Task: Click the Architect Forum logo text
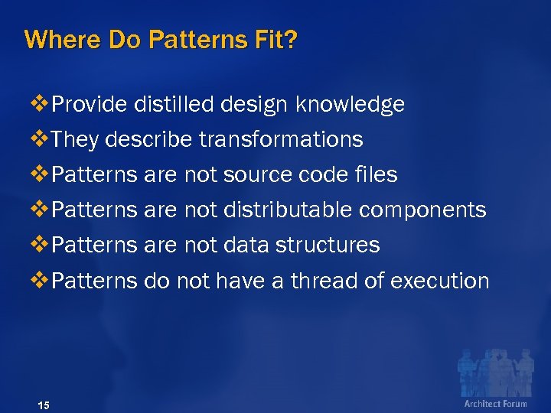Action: click(x=495, y=403)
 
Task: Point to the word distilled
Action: click(x=174, y=105)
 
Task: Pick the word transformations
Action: click(x=280, y=140)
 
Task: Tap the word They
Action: click(x=76, y=140)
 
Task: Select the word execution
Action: click(x=439, y=281)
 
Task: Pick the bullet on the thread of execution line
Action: click(x=37, y=281)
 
